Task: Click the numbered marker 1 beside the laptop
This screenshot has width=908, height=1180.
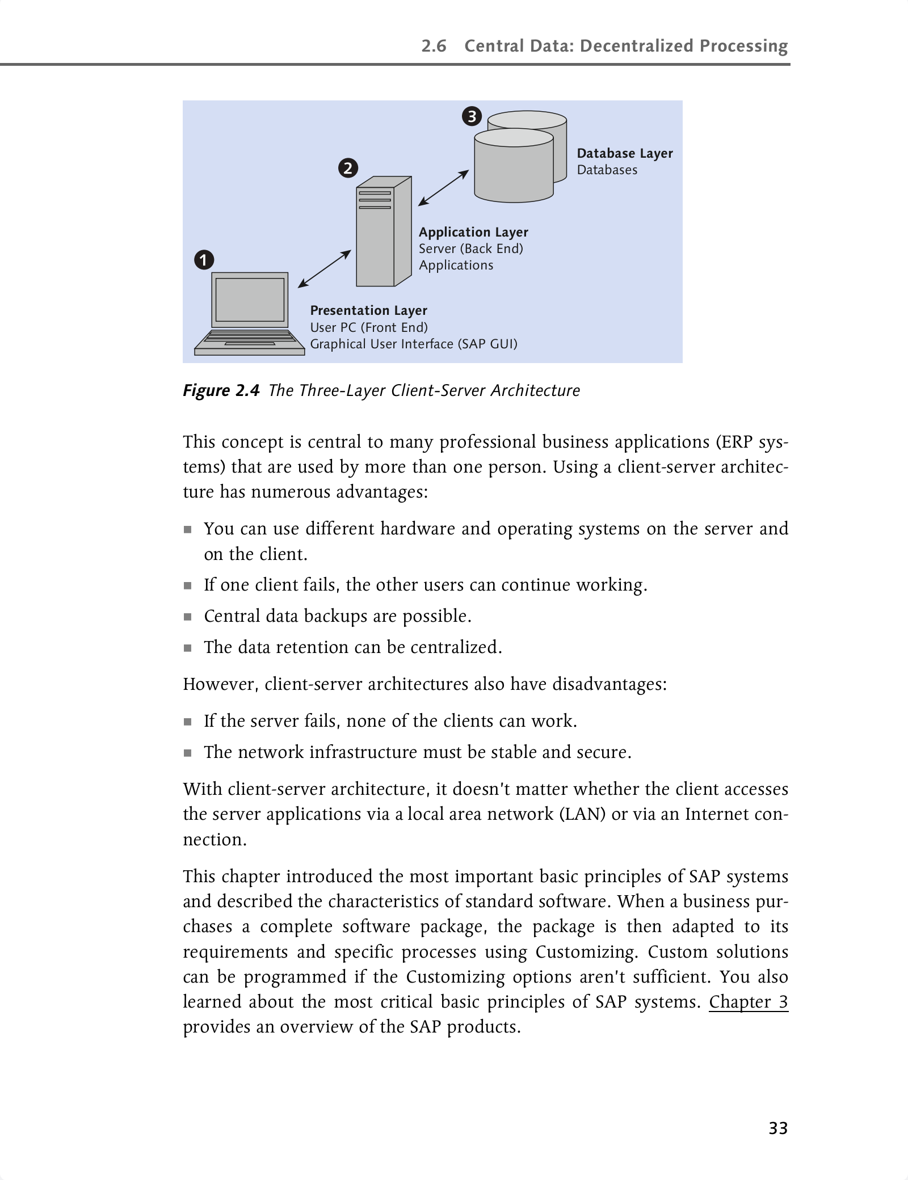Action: pyautogui.click(x=204, y=260)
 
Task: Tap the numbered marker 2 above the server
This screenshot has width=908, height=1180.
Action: pyautogui.click(x=348, y=168)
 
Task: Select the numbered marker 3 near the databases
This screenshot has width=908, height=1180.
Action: pyautogui.click(x=472, y=117)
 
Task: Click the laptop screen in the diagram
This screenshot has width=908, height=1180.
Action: pyautogui.click(x=250, y=300)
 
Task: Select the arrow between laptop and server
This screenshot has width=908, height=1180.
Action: pyautogui.click(x=324, y=269)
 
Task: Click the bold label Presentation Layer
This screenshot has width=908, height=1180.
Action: pyautogui.click(x=368, y=310)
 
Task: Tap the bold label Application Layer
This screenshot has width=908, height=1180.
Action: pyautogui.click(x=473, y=232)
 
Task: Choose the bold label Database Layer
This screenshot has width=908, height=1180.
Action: pyautogui.click(x=625, y=153)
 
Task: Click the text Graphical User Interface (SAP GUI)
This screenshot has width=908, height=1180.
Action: pyautogui.click(x=414, y=344)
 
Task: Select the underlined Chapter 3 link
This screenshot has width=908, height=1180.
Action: pyautogui.click(x=748, y=1002)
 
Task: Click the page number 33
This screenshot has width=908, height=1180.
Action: pyautogui.click(x=778, y=1128)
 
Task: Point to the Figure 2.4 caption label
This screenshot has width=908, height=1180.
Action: pyautogui.click(x=221, y=390)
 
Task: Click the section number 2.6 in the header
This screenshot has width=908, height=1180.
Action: pyautogui.click(x=434, y=46)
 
